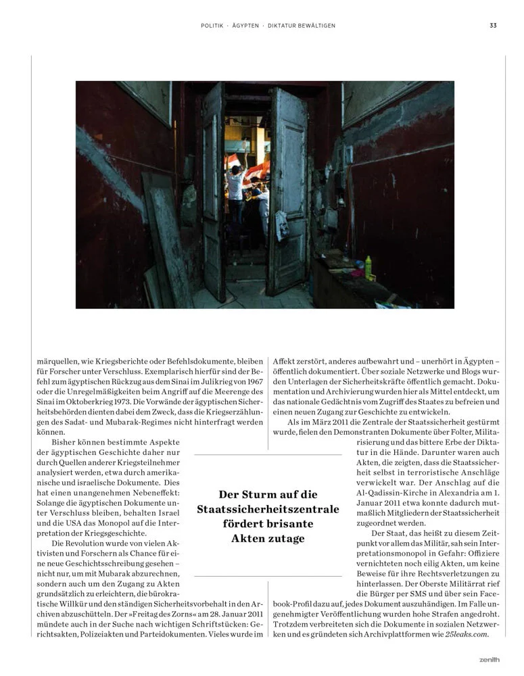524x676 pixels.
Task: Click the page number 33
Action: point(494,26)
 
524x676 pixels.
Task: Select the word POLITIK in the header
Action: point(213,26)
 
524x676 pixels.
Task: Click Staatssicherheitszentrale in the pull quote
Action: point(268,509)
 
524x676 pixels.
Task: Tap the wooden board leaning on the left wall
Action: point(163,237)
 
